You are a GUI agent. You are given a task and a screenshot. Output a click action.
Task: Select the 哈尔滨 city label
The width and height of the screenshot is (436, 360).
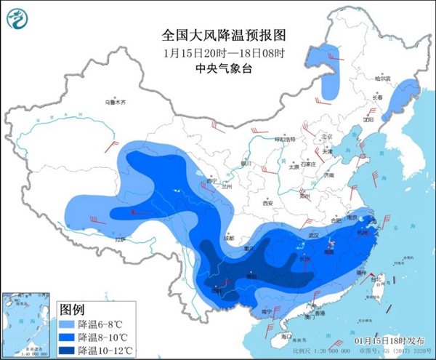tap(382, 79)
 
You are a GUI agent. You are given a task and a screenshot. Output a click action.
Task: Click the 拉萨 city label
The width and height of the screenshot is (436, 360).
tap(119, 239)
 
